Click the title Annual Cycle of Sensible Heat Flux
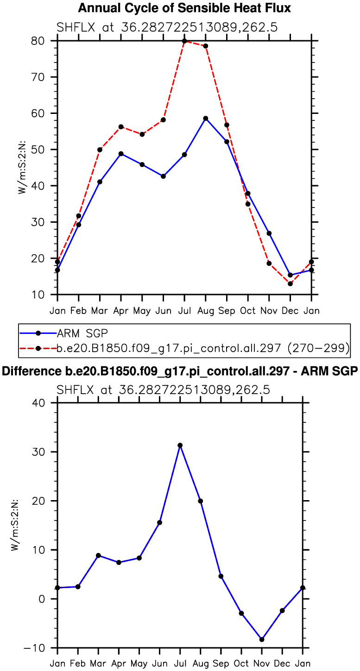point(184,8)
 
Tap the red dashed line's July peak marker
point(184,41)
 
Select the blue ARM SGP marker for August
point(206,119)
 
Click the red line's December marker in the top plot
point(290,283)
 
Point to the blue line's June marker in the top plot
point(163,176)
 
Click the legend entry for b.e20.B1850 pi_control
point(203,348)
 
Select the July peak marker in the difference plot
point(180,445)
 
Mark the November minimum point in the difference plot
point(262,640)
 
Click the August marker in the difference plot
point(201,501)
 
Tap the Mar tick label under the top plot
point(100,310)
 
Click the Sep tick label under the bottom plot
point(221,664)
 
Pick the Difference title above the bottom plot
point(180,371)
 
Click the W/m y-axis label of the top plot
point(22,168)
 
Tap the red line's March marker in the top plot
point(100,150)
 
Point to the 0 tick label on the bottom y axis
point(43,599)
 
